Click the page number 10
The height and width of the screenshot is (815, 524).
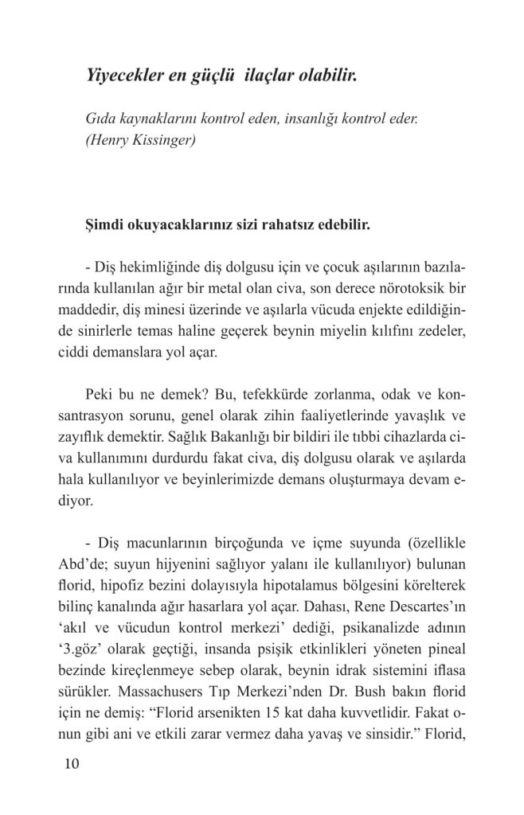coord(69,764)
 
